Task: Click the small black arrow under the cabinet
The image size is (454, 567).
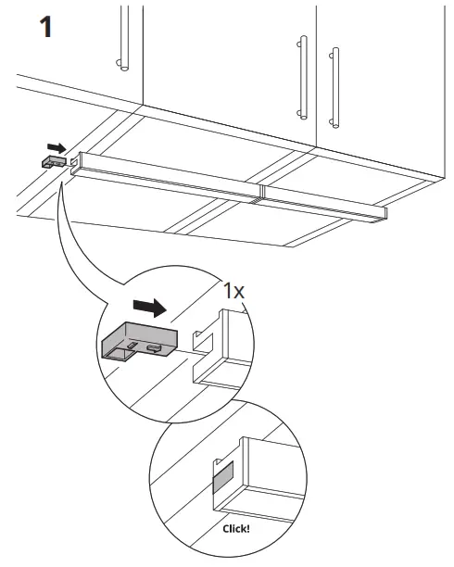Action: click(x=56, y=145)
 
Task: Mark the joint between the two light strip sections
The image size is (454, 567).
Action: click(x=261, y=193)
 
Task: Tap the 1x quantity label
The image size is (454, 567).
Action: click(x=234, y=289)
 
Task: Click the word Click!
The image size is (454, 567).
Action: click(x=237, y=530)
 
